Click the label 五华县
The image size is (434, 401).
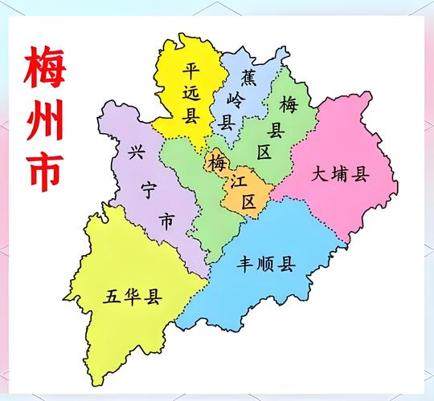(x=133, y=298)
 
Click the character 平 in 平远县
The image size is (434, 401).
(x=190, y=69)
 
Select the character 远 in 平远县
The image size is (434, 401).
(x=190, y=93)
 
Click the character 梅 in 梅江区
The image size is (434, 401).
(x=216, y=163)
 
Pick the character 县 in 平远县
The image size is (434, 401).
(x=190, y=117)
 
